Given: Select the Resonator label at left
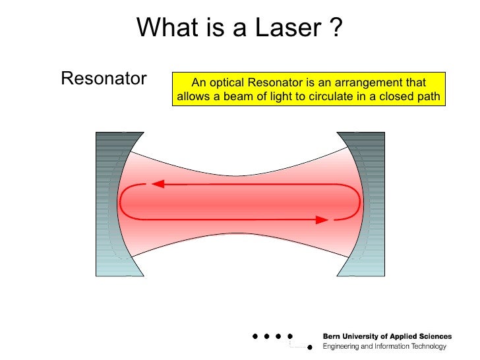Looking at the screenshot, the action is tap(104, 79).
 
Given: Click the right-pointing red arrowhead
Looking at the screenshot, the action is tap(322, 220).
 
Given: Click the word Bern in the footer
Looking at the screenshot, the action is tap(333, 336).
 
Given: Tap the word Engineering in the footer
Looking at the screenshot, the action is tap(344, 346).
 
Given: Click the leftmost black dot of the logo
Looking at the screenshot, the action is tap(255, 336).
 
